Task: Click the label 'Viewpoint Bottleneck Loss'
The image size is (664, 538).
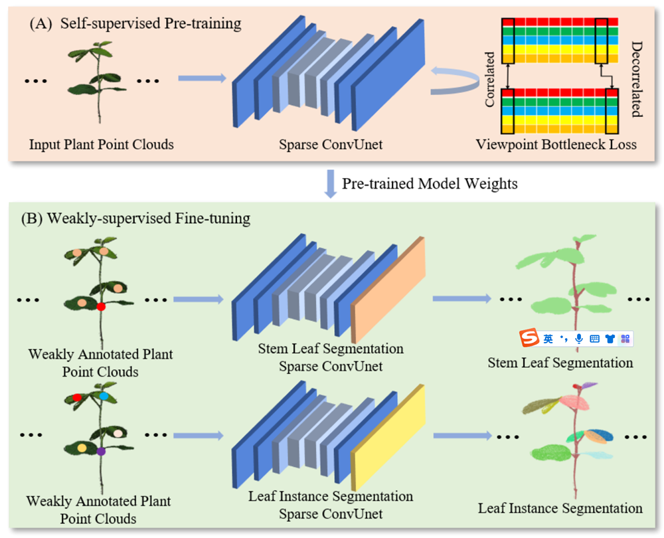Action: click(556, 144)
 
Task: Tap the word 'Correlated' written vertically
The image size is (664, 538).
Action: click(489, 80)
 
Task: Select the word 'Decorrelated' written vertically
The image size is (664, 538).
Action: click(637, 79)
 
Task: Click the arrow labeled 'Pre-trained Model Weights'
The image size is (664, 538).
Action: click(330, 184)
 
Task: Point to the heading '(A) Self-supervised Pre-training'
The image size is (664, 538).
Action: click(135, 23)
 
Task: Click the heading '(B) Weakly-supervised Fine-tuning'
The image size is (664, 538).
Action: click(135, 219)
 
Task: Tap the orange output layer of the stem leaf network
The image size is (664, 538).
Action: click(388, 290)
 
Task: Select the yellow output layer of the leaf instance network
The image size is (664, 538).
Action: click(388, 438)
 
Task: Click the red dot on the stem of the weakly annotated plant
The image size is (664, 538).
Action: click(101, 306)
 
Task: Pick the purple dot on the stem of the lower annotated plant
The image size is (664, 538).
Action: click(101, 452)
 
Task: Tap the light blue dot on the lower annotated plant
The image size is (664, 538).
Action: click(104, 396)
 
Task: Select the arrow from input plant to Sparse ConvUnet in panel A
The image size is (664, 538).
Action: click(203, 78)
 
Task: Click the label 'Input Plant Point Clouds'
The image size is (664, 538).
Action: click(101, 144)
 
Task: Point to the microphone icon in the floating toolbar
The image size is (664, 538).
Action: click(579, 339)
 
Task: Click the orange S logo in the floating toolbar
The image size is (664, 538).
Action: click(529, 337)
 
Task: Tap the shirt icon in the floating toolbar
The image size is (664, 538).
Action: click(610, 339)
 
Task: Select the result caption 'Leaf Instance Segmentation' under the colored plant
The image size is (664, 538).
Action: click(560, 508)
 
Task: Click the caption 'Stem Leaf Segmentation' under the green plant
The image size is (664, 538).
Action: click(560, 363)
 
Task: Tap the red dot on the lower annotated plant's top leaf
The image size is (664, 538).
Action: click(77, 397)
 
